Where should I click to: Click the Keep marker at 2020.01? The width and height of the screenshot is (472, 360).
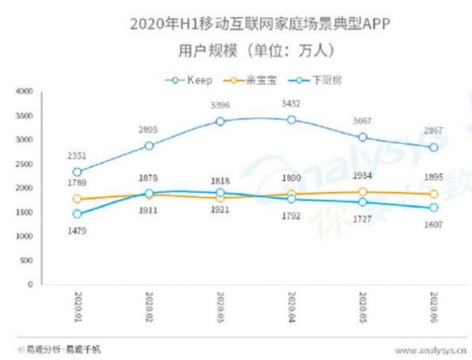[77, 172]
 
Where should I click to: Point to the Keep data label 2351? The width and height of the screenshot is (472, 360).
[77, 155]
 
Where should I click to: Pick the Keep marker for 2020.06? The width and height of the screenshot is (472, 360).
[434, 147]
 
